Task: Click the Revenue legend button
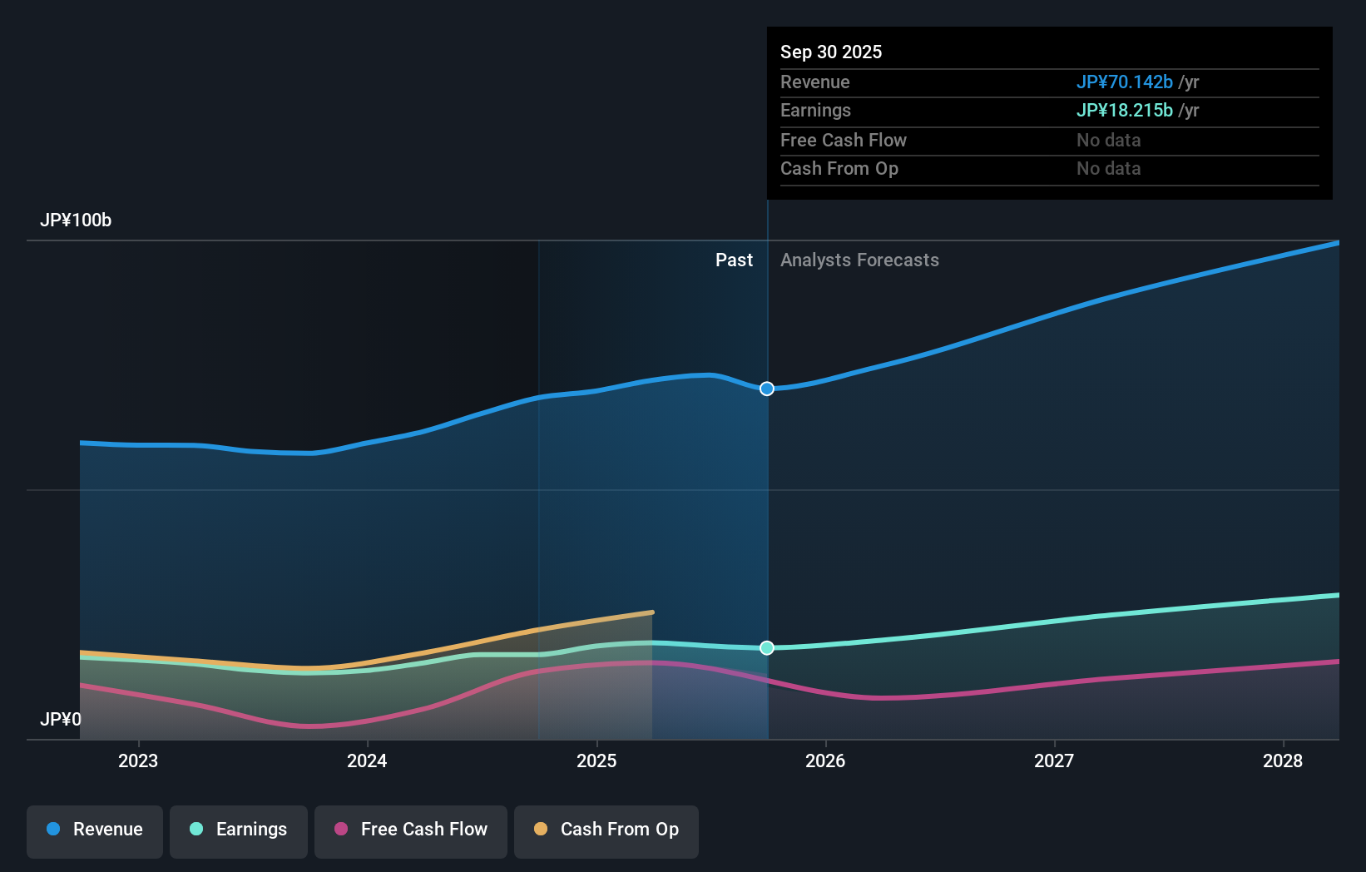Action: click(x=95, y=830)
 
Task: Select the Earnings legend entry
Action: click(x=239, y=830)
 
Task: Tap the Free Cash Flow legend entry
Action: click(x=411, y=830)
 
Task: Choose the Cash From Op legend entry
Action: click(x=606, y=830)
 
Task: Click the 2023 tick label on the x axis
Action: click(x=138, y=761)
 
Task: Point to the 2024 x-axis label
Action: click(x=367, y=761)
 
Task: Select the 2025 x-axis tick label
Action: click(x=596, y=761)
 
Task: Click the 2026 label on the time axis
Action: click(x=825, y=761)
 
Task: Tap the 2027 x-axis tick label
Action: click(x=1054, y=761)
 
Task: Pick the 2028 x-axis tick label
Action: click(x=1283, y=761)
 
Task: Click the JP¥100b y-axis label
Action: click(x=76, y=220)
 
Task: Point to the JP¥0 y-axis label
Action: click(x=61, y=719)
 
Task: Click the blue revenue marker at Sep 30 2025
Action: click(x=767, y=389)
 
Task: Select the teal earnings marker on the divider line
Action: click(x=767, y=648)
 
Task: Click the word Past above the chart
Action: click(x=734, y=260)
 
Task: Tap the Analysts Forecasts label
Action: click(x=859, y=260)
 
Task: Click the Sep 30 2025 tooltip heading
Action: click(x=831, y=52)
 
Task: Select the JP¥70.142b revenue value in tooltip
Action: click(x=1124, y=82)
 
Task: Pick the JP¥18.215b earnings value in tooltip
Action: click(x=1124, y=111)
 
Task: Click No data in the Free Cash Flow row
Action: click(x=1108, y=141)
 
